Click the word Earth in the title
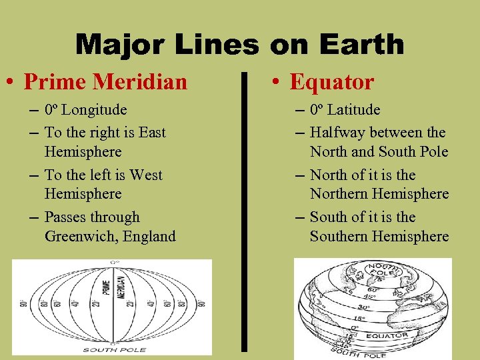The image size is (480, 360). pos(363,45)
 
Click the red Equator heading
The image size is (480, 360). pos(331,82)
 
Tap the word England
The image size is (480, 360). pos(147,236)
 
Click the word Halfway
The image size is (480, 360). pos(337,133)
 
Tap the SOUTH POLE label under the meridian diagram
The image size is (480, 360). pos(111,349)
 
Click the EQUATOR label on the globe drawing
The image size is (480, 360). pos(387,335)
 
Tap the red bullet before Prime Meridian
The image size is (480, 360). pos(13,83)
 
